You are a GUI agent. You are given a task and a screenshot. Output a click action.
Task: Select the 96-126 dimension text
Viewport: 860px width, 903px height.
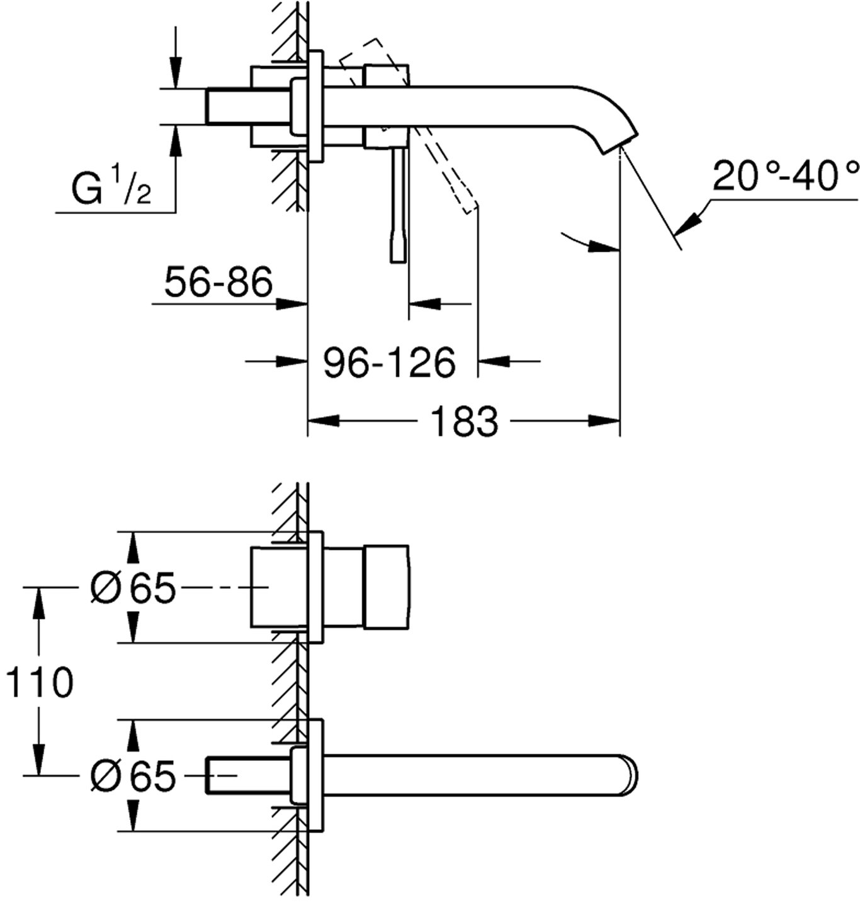[x=388, y=362]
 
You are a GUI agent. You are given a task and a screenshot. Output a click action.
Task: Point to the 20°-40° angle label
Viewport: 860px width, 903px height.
[x=784, y=176]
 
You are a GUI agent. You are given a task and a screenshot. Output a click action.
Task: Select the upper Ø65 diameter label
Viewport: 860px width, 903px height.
[x=133, y=589]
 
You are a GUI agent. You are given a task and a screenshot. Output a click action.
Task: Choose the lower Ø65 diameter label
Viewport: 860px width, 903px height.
[x=133, y=776]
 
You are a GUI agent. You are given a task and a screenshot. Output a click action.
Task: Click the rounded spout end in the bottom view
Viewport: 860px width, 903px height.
[x=630, y=775]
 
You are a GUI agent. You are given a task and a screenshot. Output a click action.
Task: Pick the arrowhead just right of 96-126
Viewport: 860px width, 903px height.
[x=494, y=361]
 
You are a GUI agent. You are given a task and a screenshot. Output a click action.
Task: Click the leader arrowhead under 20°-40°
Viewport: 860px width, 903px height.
[x=691, y=222]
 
